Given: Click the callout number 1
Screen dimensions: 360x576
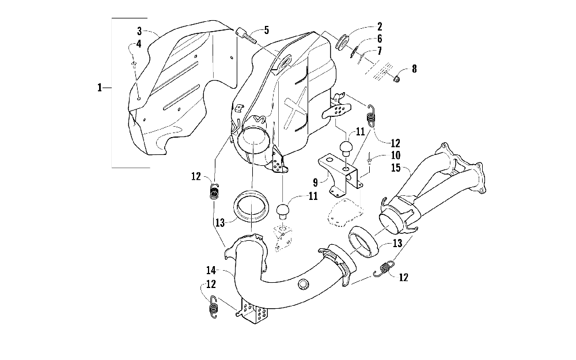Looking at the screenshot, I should [x=100, y=88].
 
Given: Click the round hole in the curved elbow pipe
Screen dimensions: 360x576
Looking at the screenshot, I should [x=304, y=284].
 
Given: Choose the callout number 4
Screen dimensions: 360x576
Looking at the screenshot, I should [x=138, y=44].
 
